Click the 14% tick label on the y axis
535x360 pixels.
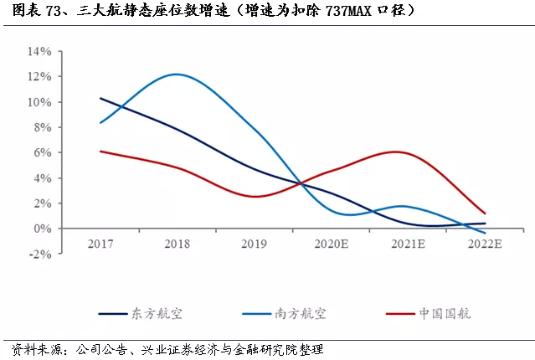point(39,52)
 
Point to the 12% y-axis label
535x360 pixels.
point(39,76)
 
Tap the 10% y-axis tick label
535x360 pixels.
point(39,102)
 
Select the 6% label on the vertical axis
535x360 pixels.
point(43,152)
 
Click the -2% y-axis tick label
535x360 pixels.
point(40,255)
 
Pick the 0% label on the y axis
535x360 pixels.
point(43,229)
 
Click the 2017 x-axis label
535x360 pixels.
point(100,244)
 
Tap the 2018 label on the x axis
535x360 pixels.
point(177,244)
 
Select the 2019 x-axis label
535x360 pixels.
point(254,244)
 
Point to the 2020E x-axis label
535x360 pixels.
point(332,244)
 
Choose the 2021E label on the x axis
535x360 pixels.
point(408,244)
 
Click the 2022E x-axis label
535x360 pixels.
point(485,244)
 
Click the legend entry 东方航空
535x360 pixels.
point(141,314)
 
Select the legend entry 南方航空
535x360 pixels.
point(284,314)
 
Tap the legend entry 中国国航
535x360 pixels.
point(428,314)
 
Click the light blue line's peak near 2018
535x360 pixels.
point(177,74)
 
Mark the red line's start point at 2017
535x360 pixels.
point(100,152)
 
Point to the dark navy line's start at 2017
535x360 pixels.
point(100,98)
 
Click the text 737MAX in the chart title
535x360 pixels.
point(348,11)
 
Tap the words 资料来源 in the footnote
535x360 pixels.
point(37,350)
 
